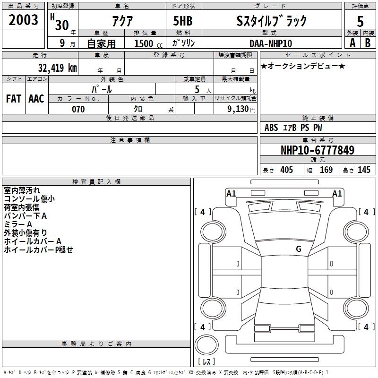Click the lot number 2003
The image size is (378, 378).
tap(23, 20)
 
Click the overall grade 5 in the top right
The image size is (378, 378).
tap(360, 21)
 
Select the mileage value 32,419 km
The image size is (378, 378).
tap(57, 68)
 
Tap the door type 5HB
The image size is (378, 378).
tap(183, 21)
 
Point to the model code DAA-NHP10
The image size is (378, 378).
tap(271, 43)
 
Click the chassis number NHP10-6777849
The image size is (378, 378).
tap(318, 150)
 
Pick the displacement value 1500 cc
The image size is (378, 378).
tap(148, 43)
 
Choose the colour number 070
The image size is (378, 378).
tap(78, 109)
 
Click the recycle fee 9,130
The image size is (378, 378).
tap(238, 109)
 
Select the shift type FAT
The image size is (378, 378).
tap(14, 99)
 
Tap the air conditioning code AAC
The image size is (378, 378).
tap(36, 99)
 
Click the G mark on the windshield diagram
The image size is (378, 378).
tap(299, 249)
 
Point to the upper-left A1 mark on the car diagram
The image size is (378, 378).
tap(231, 194)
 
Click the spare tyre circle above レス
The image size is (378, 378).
tap(206, 345)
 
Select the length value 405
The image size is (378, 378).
tap(287, 170)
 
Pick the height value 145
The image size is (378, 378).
tap(364, 170)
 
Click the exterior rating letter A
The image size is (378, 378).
tap(352, 43)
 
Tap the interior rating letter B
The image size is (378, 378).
tap(368, 43)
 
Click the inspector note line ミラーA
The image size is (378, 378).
tap(18, 224)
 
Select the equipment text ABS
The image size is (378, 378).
tap(271, 128)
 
